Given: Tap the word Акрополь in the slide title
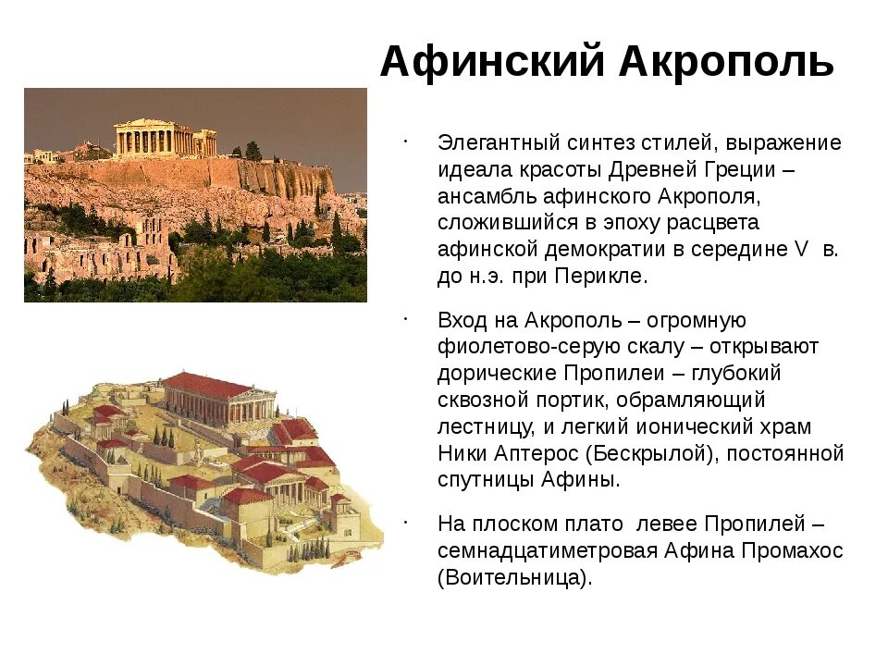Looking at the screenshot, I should tap(727, 62).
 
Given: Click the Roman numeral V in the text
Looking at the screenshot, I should tap(802, 250).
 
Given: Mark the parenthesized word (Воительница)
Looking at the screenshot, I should tap(513, 577).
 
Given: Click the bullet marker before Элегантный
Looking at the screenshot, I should tap(406, 141).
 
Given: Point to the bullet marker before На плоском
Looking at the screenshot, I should tap(406, 521).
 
